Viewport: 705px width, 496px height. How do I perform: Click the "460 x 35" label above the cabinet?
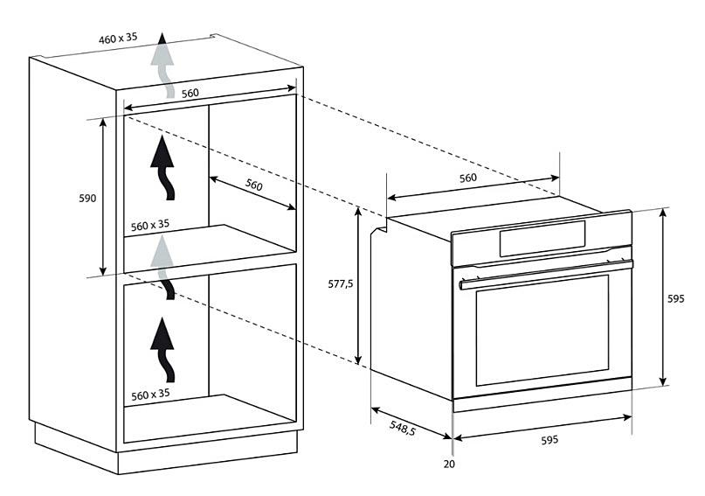pos(118,38)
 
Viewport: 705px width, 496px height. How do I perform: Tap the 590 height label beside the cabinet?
pos(87,198)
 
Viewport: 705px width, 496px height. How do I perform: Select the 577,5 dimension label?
pos(341,284)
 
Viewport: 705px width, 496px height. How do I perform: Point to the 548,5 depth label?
pos(403,429)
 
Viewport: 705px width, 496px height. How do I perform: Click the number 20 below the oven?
pos(449,464)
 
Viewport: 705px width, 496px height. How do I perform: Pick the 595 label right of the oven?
pos(676,298)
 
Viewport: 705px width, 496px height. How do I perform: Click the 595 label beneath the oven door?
pos(549,439)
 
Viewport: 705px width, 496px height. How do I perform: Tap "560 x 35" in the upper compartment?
pos(150,225)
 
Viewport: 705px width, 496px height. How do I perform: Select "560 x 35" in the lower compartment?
pos(150,395)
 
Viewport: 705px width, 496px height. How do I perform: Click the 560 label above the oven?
pos(468,178)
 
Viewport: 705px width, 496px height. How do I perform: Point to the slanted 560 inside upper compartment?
pos(253,184)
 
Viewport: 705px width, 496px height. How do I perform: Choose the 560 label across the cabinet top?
pos(190,94)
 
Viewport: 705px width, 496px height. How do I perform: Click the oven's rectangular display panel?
pos(543,238)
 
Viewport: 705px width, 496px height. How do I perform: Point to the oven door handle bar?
pos(546,275)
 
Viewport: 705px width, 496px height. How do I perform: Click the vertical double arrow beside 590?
pos(103,197)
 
